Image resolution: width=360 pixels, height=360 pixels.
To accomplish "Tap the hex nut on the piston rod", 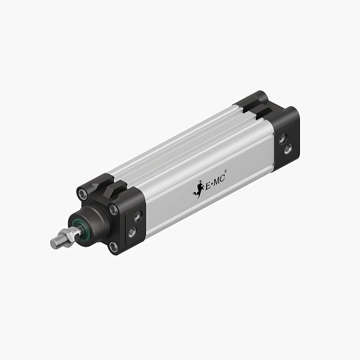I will (68, 235).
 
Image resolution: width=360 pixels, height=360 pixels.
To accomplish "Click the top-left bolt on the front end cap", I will (82, 195).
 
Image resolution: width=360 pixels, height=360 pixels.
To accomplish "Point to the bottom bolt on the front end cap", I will (113, 247).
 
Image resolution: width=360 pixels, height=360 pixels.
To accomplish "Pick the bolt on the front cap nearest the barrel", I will (114, 209).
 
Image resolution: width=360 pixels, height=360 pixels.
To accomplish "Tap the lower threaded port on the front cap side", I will (133, 231).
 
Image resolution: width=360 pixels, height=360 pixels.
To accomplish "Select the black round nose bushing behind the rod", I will (93, 223).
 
